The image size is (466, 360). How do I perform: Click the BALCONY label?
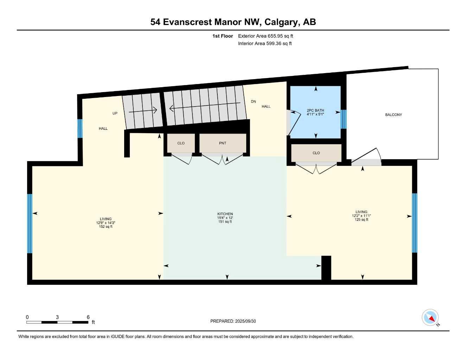[x=393, y=115]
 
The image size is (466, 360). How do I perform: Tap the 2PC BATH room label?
[x=315, y=112]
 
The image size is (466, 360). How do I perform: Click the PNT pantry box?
[x=223, y=143]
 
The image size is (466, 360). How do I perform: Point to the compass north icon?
[x=430, y=317]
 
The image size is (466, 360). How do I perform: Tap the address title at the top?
[x=233, y=22]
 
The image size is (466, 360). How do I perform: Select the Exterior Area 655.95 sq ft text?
[x=266, y=36]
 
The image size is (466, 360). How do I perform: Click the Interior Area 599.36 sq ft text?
[x=265, y=44]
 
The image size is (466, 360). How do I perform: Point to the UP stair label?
[x=115, y=113]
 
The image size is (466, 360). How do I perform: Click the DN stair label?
[x=253, y=102]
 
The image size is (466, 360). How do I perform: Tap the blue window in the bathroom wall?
[x=344, y=119]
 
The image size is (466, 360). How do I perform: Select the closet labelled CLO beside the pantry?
[x=181, y=143]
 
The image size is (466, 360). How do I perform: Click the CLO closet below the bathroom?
[x=316, y=153]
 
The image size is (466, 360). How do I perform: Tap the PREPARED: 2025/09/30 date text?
[x=233, y=321]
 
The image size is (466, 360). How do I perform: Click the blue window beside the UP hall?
[x=80, y=128]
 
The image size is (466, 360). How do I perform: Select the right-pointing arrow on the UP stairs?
[x=143, y=111]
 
